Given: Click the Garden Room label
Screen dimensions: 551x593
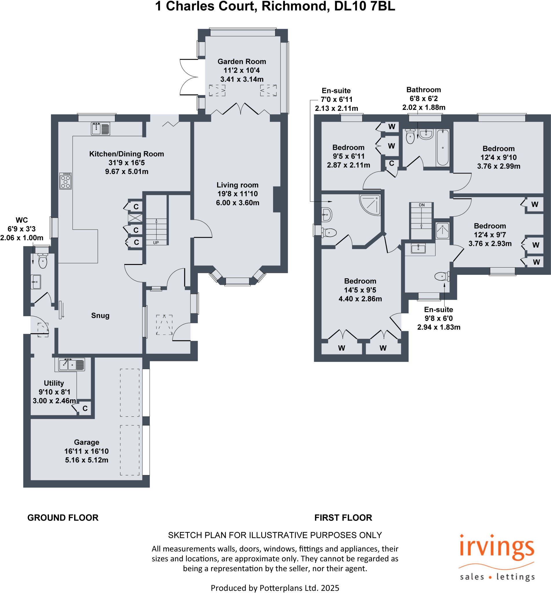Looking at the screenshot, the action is click(242, 61).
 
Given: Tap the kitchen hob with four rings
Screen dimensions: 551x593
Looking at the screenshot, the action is click(65, 181).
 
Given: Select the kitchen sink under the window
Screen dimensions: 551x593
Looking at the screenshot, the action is click(100, 129).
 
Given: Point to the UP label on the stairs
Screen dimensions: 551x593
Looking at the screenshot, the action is click(156, 243).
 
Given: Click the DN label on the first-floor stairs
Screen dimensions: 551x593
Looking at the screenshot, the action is click(422, 205).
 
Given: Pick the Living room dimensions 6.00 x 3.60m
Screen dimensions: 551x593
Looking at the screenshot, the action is click(238, 203).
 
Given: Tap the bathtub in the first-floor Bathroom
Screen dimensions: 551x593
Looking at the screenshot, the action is click(443, 147).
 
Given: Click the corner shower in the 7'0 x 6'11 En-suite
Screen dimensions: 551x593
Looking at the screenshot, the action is click(370, 205).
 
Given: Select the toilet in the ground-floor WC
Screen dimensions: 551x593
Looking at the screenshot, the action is click(43, 261).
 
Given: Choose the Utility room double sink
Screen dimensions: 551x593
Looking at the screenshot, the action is click(72, 364).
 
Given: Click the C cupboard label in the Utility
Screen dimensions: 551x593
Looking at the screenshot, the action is click(85, 409).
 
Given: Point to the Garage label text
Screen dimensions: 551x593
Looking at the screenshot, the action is click(87, 442).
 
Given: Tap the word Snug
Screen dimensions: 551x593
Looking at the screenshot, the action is click(100, 315).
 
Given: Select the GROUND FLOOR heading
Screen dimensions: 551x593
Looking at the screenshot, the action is click(63, 517).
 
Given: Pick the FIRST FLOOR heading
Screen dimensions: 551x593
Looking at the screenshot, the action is click(343, 517).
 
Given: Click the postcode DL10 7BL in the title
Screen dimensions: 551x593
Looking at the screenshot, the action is click(365, 6).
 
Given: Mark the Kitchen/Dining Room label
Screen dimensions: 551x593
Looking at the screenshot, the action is click(127, 154).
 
